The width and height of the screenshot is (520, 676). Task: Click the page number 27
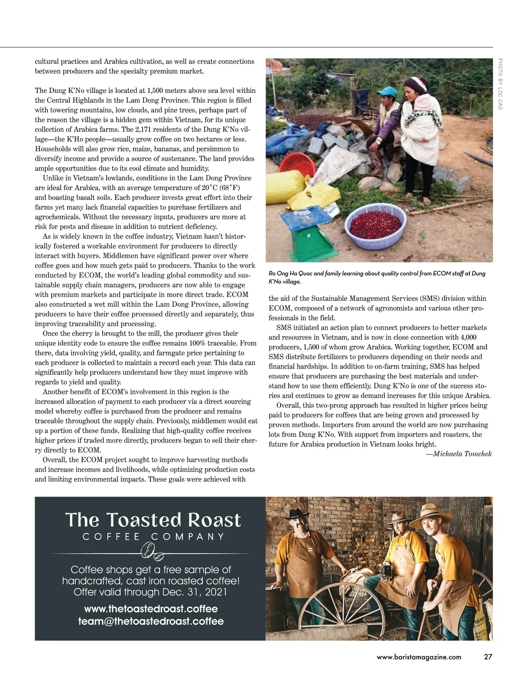coord(488,657)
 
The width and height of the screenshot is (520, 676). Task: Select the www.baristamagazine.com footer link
coord(419,657)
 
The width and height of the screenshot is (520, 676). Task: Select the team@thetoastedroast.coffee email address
coord(151,621)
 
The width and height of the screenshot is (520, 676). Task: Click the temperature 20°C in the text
coord(210,188)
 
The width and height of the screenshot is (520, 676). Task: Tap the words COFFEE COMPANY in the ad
coord(153,537)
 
